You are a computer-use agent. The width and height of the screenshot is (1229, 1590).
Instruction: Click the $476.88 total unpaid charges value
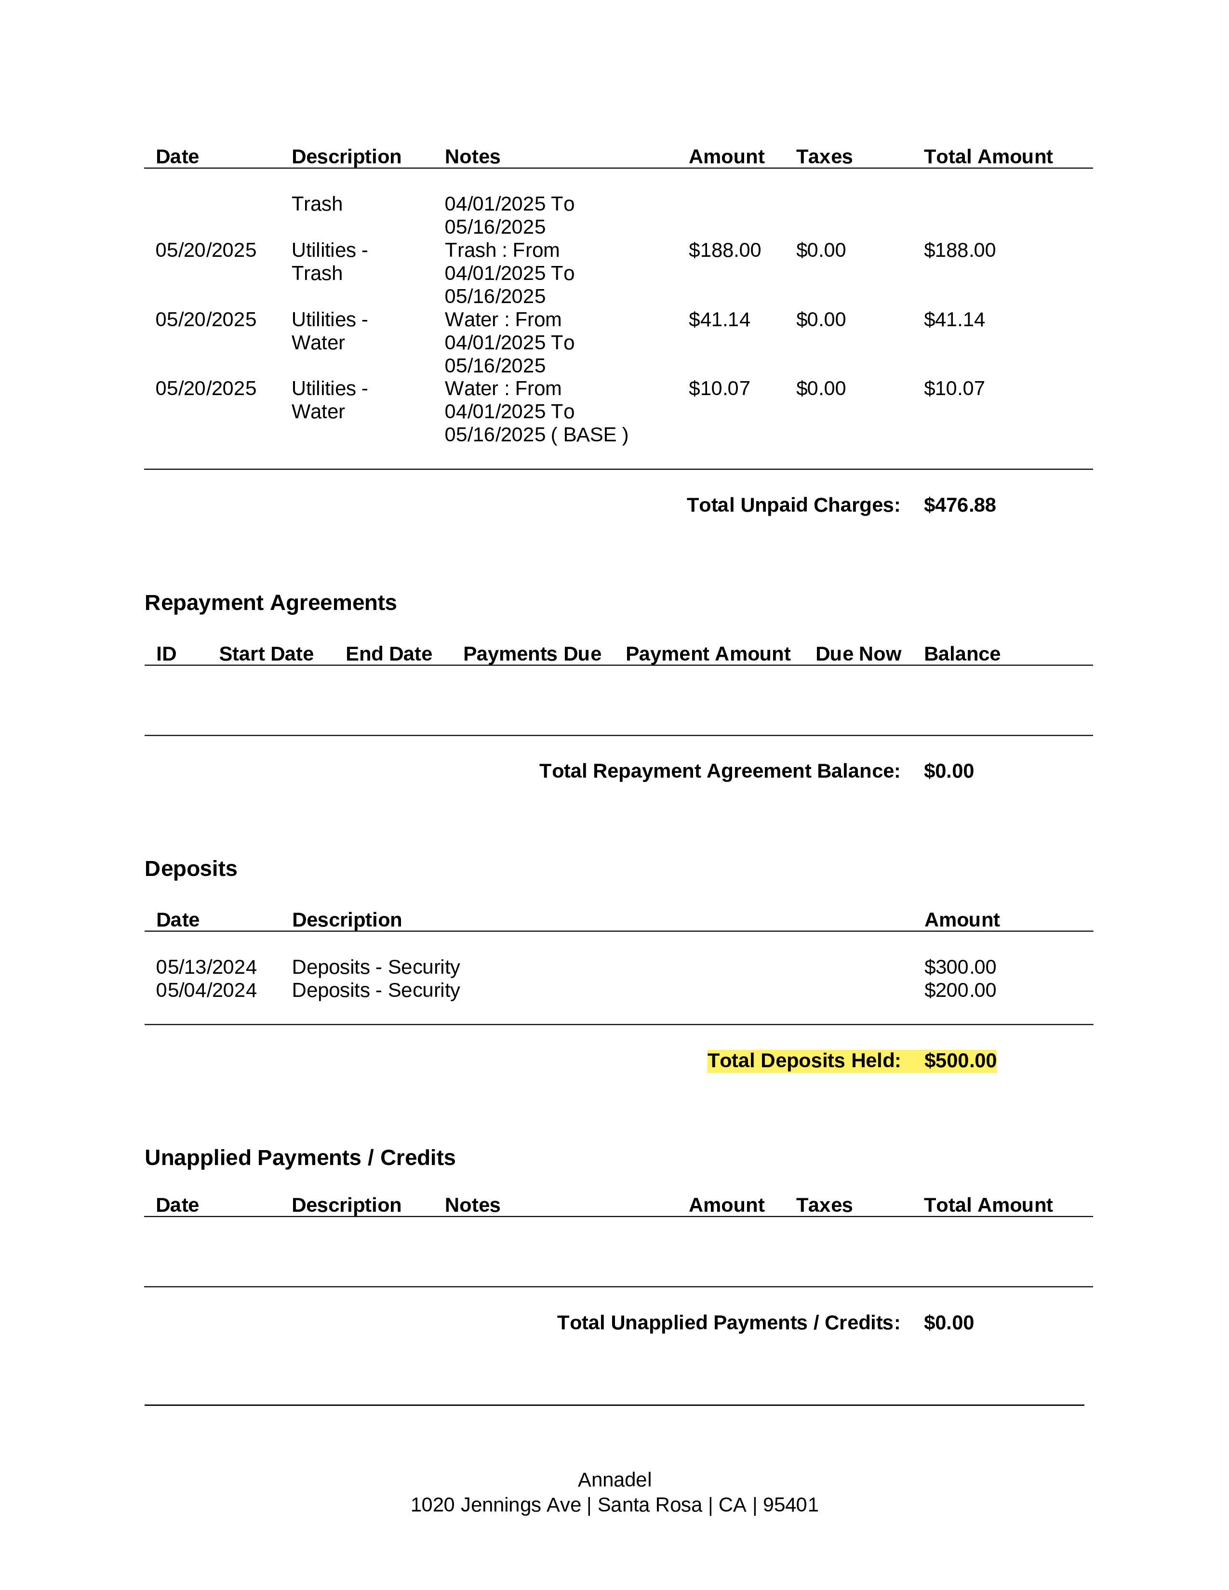pyautogui.click(x=959, y=505)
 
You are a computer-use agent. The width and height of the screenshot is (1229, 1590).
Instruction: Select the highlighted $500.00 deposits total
pyautogui.click(x=960, y=1061)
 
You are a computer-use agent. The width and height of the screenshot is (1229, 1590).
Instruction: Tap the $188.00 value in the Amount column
pyautogui.click(x=724, y=251)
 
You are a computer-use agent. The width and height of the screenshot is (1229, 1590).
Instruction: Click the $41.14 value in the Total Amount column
pyautogui.click(x=954, y=319)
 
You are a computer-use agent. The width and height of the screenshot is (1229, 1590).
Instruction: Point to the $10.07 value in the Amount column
pyautogui.click(x=719, y=389)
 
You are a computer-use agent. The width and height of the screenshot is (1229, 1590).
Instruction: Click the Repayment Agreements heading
pyautogui.click(x=270, y=603)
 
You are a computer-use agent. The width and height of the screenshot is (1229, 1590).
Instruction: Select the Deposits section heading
pyautogui.click(x=191, y=869)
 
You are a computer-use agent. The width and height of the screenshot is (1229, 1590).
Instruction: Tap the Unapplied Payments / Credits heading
pyautogui.click(x=299, y=1157)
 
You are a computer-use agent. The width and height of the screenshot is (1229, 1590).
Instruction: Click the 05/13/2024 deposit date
pyautogui.click(x=206, y=967)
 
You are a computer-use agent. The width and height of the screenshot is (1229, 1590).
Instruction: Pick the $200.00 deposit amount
pyautogui.click(x=960, y=990)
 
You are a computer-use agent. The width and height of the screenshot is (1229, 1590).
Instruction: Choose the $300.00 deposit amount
pyautogui.click(x=960, y=967)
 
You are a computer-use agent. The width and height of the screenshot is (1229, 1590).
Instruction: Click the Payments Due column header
pyautogui.click(x=532, y=654)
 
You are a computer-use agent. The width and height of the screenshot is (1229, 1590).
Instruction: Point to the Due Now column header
pyautogui.click(x=858, y=654)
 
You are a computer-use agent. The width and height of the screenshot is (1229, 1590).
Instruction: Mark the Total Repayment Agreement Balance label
pyautogui.click(x=720, y=771)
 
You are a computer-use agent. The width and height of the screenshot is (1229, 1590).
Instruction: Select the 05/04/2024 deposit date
pyautogui.click(x=206, y=990)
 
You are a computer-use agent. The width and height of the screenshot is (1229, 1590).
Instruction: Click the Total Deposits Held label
pyautogui.click(x=803, y=1061)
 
